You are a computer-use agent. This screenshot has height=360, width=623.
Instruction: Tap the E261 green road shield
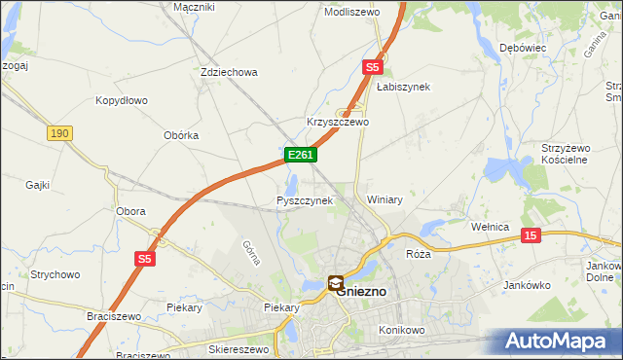[x=300, y=156]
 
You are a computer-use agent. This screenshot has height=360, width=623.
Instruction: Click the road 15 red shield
[x=531, y=235]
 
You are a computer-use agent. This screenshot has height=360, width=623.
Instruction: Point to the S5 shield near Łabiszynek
[x=372, y=67]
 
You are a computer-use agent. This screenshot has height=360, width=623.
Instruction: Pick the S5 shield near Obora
[x=144, y=259]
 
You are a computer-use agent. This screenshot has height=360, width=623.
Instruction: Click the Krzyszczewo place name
[x=338, y=123]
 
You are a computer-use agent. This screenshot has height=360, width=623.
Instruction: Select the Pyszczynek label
[x=305, y=200]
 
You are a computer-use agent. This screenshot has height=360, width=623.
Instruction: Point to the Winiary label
[x=385, y=199]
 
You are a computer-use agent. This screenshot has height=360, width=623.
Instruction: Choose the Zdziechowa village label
[x=228, y=72]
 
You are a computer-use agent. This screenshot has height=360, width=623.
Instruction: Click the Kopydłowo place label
[x=121, y=100]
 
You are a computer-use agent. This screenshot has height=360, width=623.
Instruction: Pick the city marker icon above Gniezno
[x=336, y=284]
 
